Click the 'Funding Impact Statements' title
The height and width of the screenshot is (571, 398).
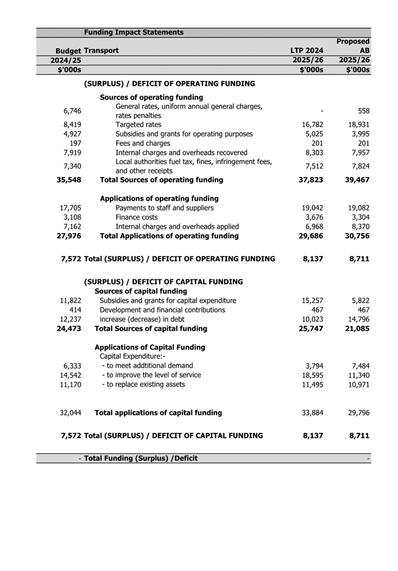(x=133, y=32)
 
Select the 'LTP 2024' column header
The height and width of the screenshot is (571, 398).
(x=307, y=51)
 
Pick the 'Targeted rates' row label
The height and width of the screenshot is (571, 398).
(x=138, y=125)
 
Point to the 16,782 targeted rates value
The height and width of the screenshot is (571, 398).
(x=312, y=125)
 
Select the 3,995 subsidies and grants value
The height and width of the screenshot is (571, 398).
(x=359, y=134)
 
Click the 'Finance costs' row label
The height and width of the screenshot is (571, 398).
(x=138, y=217)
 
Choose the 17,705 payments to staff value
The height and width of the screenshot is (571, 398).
(x=72, y=208)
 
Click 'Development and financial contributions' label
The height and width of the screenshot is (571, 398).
(x=162, y=310)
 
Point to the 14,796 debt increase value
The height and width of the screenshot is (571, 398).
(x=357, y=319)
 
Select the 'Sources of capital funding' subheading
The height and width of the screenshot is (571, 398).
(x=143, y=291)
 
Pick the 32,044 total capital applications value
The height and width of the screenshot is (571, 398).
(x=70, y=413)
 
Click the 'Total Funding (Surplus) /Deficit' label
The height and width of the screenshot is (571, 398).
(x=141, y=458)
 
